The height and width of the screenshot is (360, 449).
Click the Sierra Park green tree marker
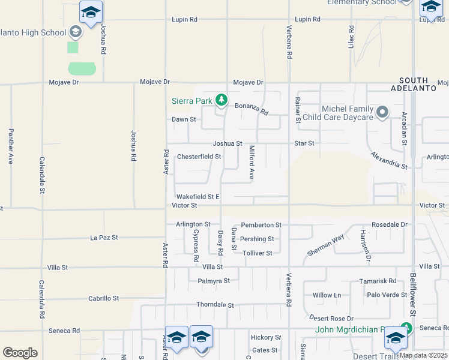click(221, 100)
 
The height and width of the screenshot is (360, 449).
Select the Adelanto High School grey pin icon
click(76, 31)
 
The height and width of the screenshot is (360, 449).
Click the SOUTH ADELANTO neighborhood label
click(414, 84)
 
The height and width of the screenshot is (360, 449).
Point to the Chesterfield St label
click(199, 157)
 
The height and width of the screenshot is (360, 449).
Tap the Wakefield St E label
click(197, 197)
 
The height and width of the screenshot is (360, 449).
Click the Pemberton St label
click(261, 225)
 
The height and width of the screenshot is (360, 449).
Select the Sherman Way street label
click(326, 245)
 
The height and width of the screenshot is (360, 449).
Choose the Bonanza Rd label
click(251, 109)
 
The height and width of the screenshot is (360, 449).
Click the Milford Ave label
click(252, 163)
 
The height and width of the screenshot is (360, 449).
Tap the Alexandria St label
click(388, 160)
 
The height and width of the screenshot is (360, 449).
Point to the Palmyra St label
click(214, 281)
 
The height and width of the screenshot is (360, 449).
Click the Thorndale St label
click(215, 305)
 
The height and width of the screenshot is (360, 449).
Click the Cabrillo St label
click(104, 298)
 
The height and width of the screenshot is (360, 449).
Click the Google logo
click(20, 353)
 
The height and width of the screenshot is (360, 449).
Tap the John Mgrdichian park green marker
click(407, 328)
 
